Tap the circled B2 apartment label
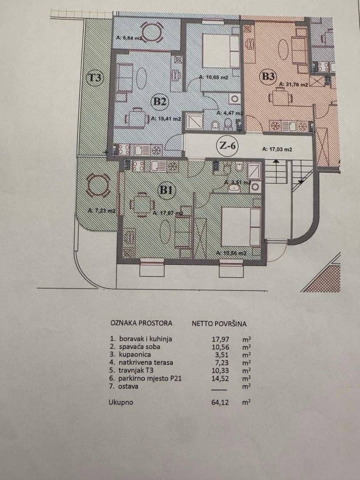click(x=160, y=102)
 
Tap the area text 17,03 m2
click(x=277, y=150)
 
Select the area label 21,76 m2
click(x=293, y=85)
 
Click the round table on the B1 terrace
click(x=97, y=185)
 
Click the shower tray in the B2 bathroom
click(x=194, y=121)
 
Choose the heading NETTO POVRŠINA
click(x=219, y=324)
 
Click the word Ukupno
click(x=121, y=403)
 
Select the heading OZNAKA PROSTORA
click(x=141, y=323)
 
